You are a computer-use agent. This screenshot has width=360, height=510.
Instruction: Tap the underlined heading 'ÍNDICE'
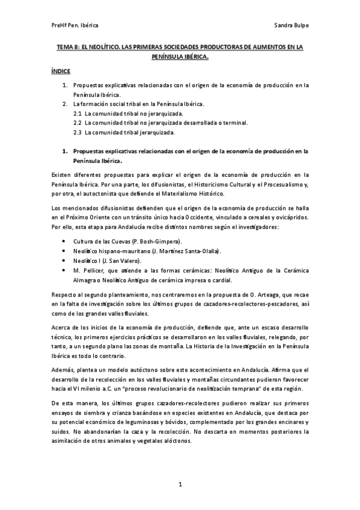pyautogui.click(x=61, y=71)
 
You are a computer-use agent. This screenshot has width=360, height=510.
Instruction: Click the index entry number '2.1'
pyautogui.click(x=77, y=113)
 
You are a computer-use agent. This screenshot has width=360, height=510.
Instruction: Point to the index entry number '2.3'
pyautogui.click(x=77, y=132)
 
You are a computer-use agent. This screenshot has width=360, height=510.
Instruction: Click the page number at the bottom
pyautogui.click(x=180, y=484)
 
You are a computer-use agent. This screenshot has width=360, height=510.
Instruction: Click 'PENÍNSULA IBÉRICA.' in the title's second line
pyautogui.click(x=180, y=57)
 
